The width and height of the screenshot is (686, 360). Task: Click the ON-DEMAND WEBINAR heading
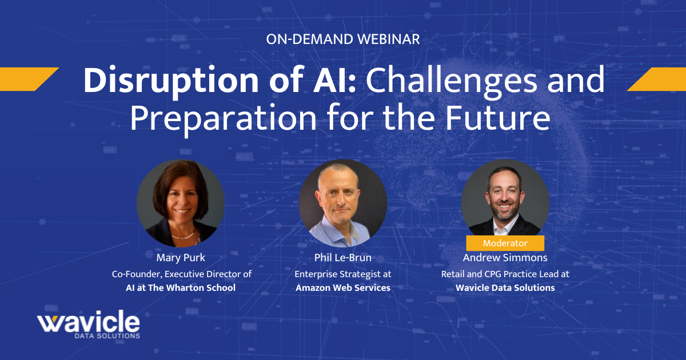pos(343,39)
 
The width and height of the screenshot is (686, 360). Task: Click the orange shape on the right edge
pos(657,79)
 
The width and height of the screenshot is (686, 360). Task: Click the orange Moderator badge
pos(505,243)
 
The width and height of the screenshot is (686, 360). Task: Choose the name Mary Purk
pos(181,258)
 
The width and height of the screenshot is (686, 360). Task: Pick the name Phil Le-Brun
pos(343,258)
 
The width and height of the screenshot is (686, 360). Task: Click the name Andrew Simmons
pos(505,258)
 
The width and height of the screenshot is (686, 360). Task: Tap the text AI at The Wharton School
pos(181,287)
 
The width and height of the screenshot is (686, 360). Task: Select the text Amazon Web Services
pos(343,287)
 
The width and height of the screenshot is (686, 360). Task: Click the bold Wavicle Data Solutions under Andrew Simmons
pos(505,287)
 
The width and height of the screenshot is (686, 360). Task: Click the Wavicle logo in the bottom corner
pos(89,325)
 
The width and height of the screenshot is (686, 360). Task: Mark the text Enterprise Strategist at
pos(343,274)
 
